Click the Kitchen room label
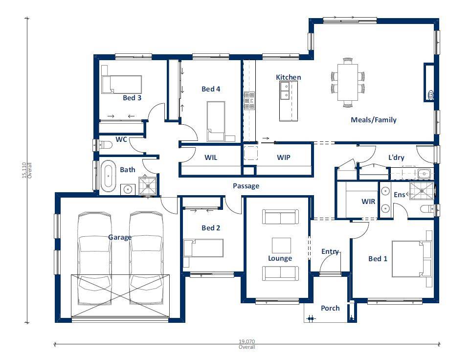point(289,77)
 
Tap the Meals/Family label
point(373,120)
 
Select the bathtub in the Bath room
point(108,177)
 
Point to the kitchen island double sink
point(284,91)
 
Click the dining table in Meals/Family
point(348,82)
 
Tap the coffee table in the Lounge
point(281,246)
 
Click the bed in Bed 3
point(121,85)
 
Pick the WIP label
point(283,157)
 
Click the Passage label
point(246,186)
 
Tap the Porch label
point(330,308)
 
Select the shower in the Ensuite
point(422,191)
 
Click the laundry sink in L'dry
point(424,174)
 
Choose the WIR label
point(368,202)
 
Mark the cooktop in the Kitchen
point(249,100)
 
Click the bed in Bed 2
point(203,248)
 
